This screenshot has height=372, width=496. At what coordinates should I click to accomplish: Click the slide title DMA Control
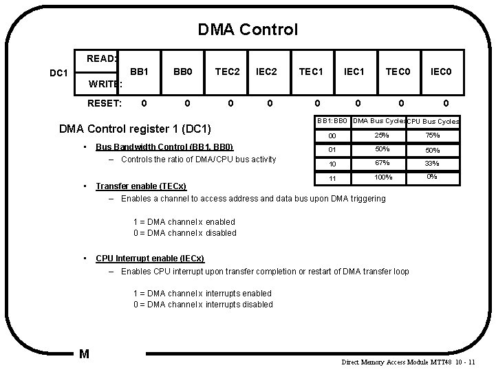pos(248,30)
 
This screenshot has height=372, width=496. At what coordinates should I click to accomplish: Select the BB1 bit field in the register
pos(140,71)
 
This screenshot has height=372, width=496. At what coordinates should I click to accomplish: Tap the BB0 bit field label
pos(182,71)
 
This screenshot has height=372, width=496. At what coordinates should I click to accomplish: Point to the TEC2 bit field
pos(226,71)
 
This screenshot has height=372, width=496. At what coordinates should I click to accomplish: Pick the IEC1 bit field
pos(354,71)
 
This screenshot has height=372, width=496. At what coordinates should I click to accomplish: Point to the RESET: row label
pos(104,104)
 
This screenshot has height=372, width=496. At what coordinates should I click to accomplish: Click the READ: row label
pos(102,59)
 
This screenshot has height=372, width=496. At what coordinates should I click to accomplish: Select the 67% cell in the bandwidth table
pos(382,164)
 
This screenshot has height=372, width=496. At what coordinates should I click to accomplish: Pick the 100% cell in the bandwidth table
pos(382,177)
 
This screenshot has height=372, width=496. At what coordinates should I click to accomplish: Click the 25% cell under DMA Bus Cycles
pos(381,135)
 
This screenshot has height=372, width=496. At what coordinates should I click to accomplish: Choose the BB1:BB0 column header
pos(332,122)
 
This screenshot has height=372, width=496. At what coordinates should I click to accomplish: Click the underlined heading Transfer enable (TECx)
pos(147,186)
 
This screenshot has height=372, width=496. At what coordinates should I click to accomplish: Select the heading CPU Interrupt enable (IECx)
pos(149,259)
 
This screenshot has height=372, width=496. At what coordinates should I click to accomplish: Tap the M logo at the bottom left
pos(84,354)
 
